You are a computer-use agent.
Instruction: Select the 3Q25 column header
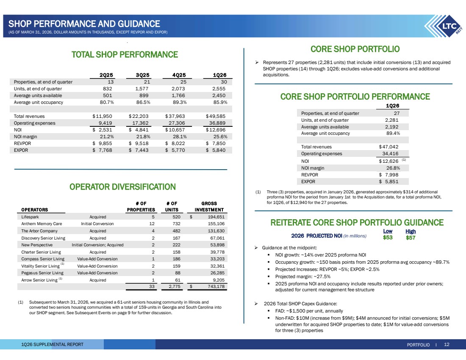coord(142,75)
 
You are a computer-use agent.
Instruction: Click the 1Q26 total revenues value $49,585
coord(216,116)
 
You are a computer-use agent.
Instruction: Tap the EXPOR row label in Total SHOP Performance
coord(21,150)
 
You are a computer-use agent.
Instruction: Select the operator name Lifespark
coord(30,217)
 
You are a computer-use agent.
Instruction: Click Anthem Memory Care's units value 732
coord(176,224)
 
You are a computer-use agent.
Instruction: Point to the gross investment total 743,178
coord(216,287)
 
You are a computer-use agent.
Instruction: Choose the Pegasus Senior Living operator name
coord(42,273)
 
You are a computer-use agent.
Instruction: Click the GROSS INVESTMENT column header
coord(209,207)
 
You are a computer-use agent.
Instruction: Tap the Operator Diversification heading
coord(122,187)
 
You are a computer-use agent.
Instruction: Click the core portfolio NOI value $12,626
coord(388,161)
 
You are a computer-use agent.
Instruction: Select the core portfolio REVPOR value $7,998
coord(388,175)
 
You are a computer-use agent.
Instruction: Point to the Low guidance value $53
coord(388,237)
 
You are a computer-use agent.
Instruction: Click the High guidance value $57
coord(411,238)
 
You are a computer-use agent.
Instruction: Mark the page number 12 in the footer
coord(447,344)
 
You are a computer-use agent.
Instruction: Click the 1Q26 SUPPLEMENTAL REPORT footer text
coord(52,344)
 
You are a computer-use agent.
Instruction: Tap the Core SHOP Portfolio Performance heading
coord(355,96)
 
